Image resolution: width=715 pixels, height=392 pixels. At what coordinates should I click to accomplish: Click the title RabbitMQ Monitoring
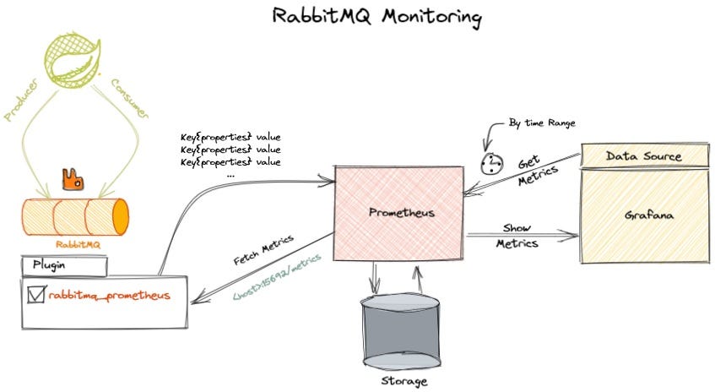pos(377,17)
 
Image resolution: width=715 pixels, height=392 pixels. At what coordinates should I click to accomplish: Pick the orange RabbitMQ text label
pos(73,242)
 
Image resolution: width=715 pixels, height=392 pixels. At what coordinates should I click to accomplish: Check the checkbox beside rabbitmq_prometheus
pos(36,295)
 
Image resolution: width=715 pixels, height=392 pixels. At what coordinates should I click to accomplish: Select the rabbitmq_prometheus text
pos(110,296)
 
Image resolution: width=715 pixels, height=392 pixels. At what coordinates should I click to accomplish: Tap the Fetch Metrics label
pos(265,251)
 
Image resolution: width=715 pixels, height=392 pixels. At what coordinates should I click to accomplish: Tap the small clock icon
pos(491,163)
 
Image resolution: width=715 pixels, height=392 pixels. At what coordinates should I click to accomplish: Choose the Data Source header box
pos(643,156)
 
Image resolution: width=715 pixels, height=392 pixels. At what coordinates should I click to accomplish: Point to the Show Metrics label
pos(516,237)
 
